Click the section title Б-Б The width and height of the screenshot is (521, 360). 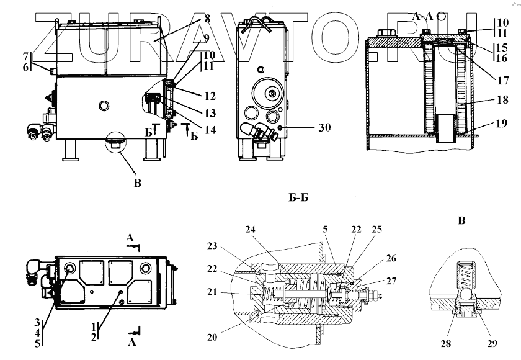pyautogui.click(x=299, y=198)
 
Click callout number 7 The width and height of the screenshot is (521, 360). pyautogui.click(x=26, y=56)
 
